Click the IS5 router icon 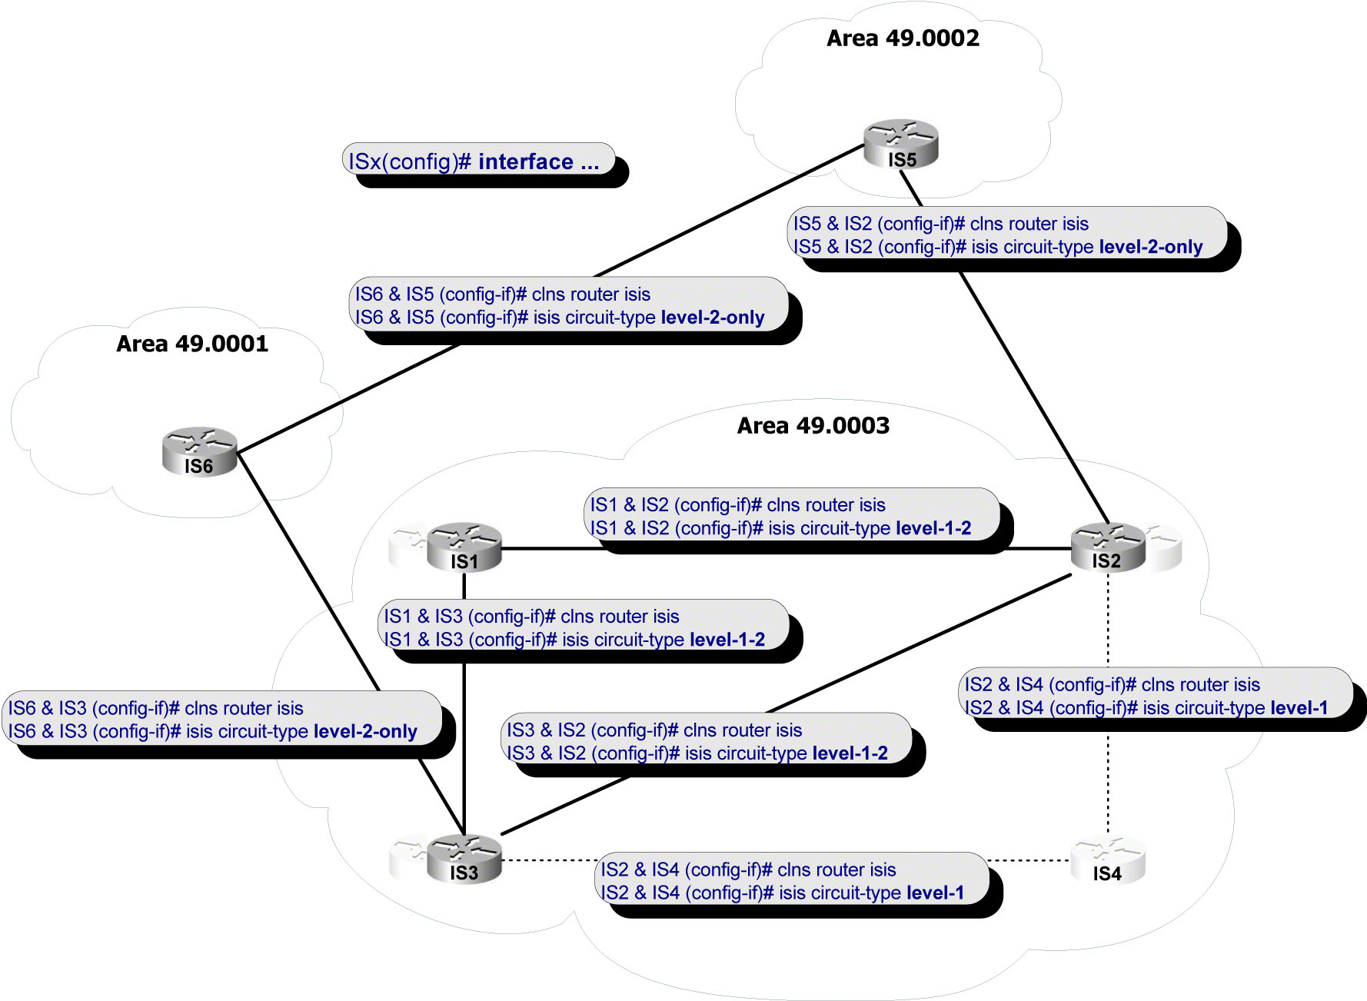tap(901, 144)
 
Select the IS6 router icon tap(199, 451)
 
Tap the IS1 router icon tap(464, 547)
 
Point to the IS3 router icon tap(464, 859)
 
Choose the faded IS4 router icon tap(1107, 860)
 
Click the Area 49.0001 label tap(192, 344)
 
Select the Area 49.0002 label tap(903, 38)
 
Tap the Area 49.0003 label tap(813, 426)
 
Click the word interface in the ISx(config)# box tap(525, 162)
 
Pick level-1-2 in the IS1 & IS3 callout tap(727, 640)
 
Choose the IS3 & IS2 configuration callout tap(705, 741)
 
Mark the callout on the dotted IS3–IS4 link tap(792, 881)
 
